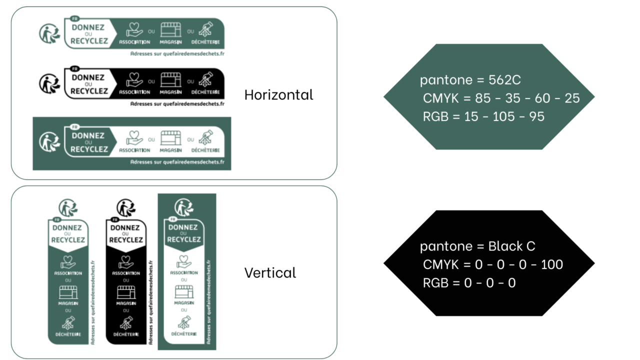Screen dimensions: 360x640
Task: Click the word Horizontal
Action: [x=278, y=94]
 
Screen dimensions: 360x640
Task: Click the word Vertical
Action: [x=270, y=272]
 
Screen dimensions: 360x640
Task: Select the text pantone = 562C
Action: [x=470, y=80]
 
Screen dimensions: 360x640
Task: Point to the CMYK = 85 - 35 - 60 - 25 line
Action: [x=501, y=98]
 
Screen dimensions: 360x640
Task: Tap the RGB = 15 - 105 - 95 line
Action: [x=483, y=116]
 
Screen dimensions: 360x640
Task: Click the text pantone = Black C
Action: [x=477, y=246]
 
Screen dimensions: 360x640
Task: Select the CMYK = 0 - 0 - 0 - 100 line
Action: [x=493, y=264]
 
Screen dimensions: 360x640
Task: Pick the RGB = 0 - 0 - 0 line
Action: [x=469, y=282]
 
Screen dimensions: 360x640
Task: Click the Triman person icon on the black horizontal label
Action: [x=49, y=83]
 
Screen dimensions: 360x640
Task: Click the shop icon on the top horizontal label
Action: [x=170, y=29]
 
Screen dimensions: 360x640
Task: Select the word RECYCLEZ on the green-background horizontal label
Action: [x=89, y=149]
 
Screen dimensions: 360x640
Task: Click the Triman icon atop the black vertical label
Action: [x=126, y=207]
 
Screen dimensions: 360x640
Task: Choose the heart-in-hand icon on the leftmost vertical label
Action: [x=68, y=262]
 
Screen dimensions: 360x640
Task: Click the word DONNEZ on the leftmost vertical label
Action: [x=68, y=227]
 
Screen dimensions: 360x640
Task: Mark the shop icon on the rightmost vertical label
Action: [x=184, y=292]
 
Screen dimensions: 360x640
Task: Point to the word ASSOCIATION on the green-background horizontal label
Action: [x=134, y=150]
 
